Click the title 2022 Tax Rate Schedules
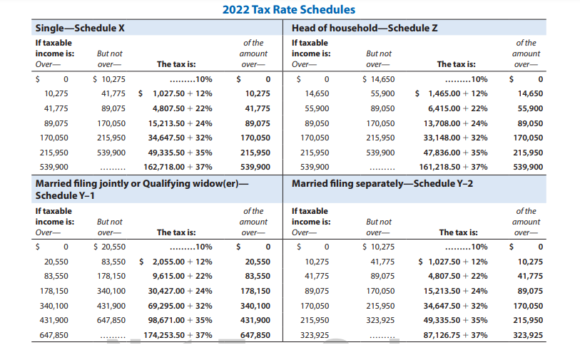pos(288,9)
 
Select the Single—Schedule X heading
pos(80,28)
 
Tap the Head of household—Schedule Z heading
pos(365,28)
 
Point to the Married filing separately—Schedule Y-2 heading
pos(382,183)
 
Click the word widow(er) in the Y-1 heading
pos(215,184)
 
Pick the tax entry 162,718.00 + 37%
pos(178,167)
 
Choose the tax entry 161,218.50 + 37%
pos(453,167)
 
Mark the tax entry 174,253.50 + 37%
pos(178,335)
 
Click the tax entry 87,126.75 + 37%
pos(455,335)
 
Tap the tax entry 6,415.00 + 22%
pos(458,108)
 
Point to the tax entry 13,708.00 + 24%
pos(455,123)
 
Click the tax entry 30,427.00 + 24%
pos(180,291)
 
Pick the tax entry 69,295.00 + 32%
pos(180,306)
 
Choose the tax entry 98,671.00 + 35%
pos(180,320)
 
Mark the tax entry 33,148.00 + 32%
pos(455,138)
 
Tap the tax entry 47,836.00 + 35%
pos(455,153)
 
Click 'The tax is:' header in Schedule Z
pos(456,64)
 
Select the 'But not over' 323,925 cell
pos(380,320)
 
